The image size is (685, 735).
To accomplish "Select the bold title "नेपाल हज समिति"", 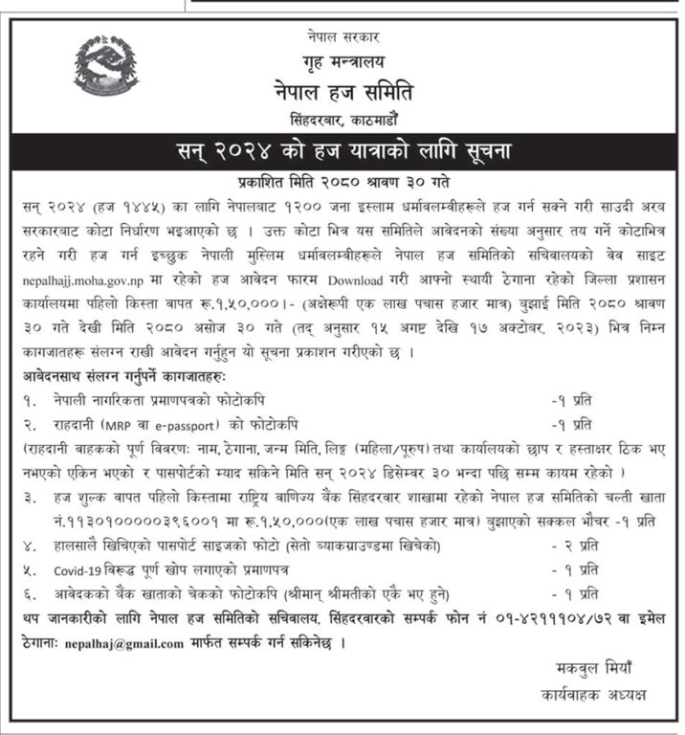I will click(x=342, y=94).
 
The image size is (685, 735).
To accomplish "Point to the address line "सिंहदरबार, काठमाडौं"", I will click(x=342, y=123).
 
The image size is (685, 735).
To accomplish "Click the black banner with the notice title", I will click(x=342, y=153).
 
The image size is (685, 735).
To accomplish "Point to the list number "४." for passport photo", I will click(x=34, y=545).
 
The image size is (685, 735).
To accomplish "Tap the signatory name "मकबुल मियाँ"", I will click(x=595, y=667).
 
